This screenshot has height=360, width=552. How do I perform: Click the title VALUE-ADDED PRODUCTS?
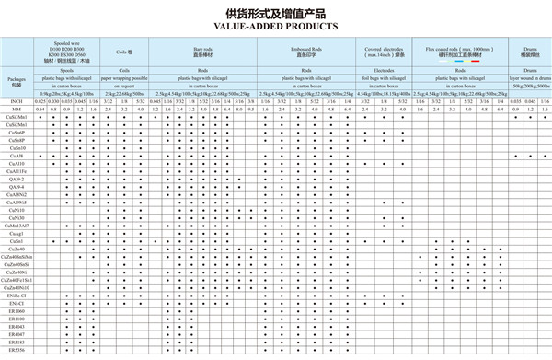[276, 28]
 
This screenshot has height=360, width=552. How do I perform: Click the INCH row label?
[16, 101]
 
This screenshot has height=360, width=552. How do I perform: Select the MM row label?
[16, 110]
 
